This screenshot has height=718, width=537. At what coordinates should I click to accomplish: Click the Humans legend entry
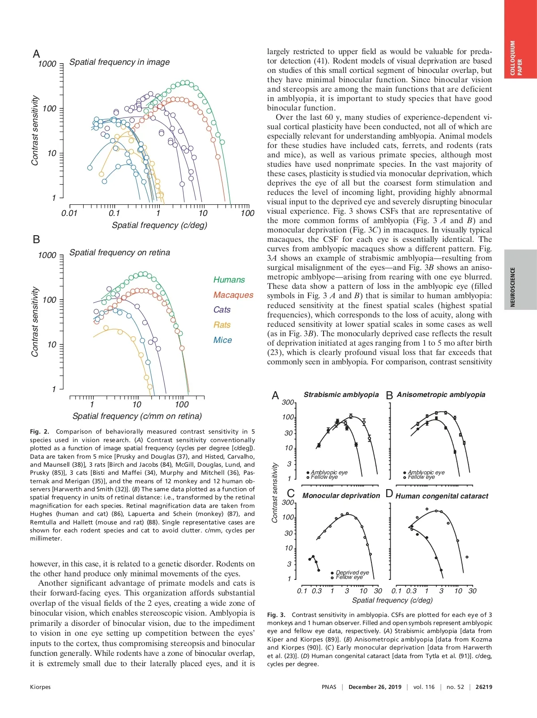pos(229,280)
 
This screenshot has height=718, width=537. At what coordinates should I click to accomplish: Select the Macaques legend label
pos(233,295)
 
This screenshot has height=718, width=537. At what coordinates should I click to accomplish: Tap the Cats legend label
pos(222,310)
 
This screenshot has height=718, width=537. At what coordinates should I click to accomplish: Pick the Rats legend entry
pos(222,325)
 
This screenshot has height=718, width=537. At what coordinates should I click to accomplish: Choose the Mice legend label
pos(222,340)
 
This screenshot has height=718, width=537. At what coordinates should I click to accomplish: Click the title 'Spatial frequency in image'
pos(119,62)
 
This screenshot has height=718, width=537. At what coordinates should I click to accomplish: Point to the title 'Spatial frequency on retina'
pos(119,253)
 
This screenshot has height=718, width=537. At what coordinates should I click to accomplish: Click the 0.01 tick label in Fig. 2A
pos(69,213)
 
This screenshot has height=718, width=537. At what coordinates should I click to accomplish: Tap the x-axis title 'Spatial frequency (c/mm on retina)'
pos(137,416)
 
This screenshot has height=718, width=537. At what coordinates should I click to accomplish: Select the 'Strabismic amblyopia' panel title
pos(341,395)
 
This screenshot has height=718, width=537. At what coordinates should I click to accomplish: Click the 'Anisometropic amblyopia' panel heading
pos(441,395)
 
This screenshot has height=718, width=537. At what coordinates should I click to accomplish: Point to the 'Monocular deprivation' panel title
pos(341,496)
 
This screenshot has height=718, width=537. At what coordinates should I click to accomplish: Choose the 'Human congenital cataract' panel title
pos(442,496)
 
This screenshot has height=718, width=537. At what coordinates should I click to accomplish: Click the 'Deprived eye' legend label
pos(352,573)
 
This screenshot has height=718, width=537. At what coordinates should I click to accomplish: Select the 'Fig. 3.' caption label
pos(276,615)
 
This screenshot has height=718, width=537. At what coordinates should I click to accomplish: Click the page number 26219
pos(484,687)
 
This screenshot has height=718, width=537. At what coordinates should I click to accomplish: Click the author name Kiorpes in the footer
pos(40,687)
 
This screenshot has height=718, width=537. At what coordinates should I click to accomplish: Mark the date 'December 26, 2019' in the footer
pos(375,687)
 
